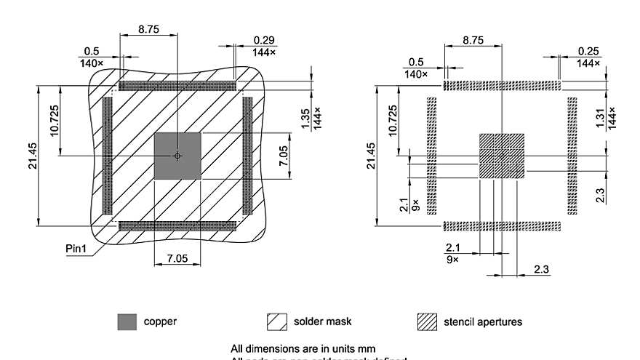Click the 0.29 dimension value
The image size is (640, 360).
tap(263, 39)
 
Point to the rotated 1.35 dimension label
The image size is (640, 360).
tap(305, 119)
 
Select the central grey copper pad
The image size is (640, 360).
tap(177, 156)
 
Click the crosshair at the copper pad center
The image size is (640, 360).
tap(177, 156)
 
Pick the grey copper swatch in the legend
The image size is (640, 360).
tap(127, 321)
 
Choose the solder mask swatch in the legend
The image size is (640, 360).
tap(277, 321)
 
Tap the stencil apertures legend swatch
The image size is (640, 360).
tap(426, 321)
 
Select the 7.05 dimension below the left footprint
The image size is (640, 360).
tap(177, 257)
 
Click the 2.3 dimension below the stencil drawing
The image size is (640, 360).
tap(541, 269)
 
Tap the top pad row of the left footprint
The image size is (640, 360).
tap(177, 86)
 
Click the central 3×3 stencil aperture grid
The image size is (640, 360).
tap(501, 156)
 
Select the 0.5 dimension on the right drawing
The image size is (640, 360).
tap(416, 62)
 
